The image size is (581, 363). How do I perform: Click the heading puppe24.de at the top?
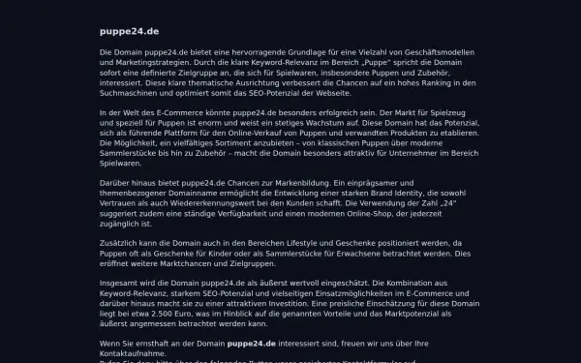pos(130,31)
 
